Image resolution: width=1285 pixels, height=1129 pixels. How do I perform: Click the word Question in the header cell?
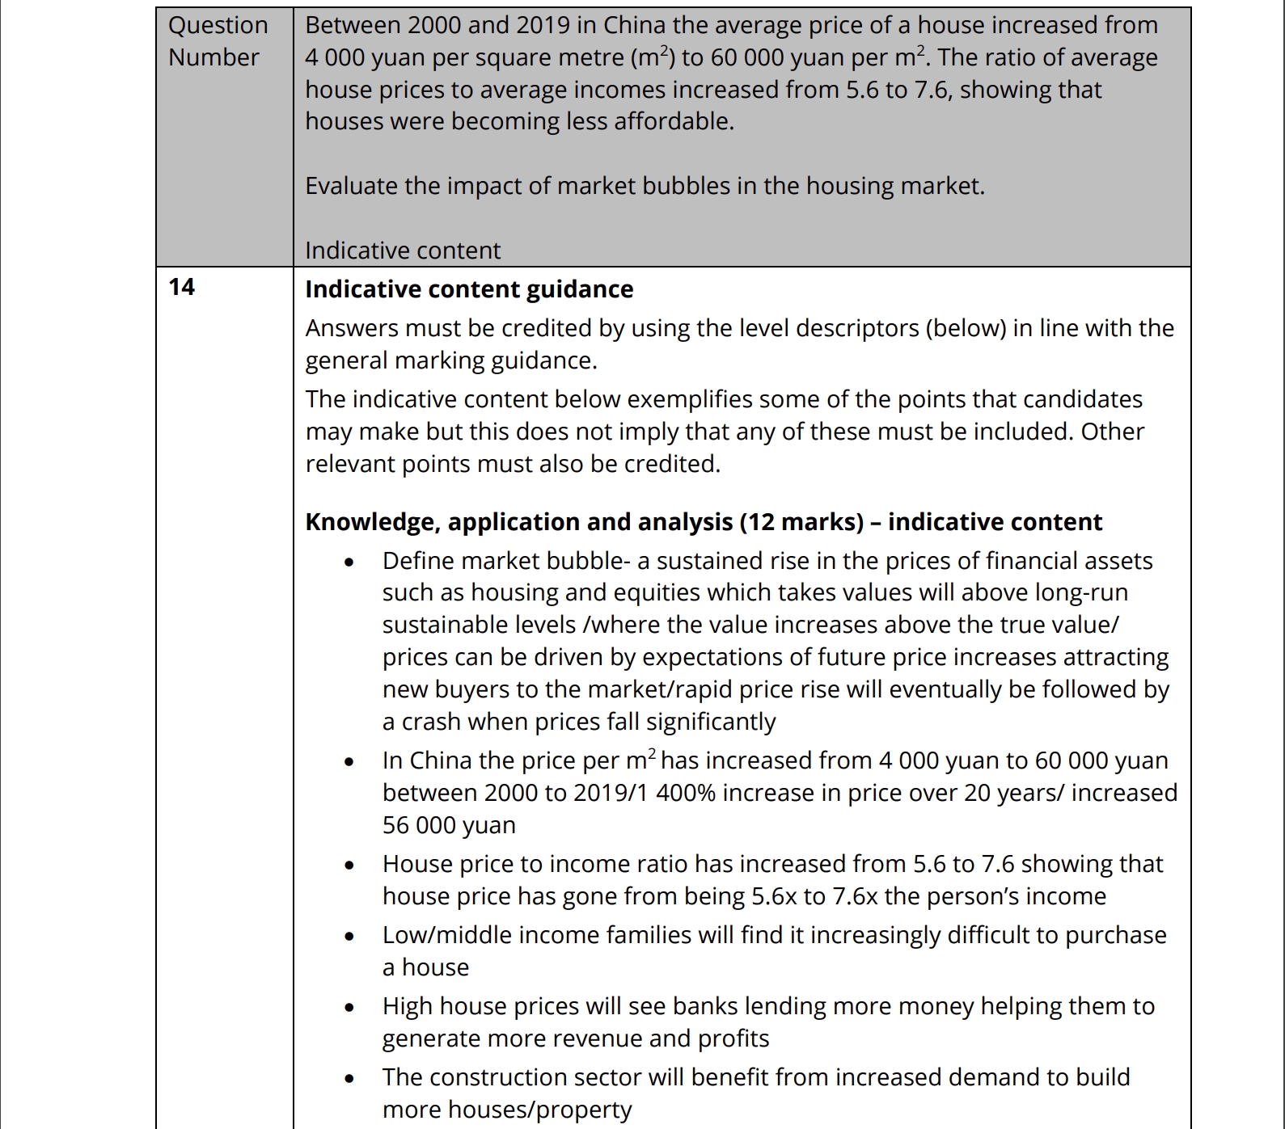tap(218, 26)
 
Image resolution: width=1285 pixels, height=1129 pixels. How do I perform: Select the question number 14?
tap(182, 287)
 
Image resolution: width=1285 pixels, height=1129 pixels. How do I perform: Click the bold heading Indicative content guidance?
tap(469, 289)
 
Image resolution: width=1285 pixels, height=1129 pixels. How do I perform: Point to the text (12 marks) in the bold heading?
tap(801, 522)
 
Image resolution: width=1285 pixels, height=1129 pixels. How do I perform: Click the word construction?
tap(514, 1077)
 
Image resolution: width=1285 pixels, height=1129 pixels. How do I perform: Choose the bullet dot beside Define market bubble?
tap(349, 562)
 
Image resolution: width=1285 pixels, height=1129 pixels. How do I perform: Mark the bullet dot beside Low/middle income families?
tap(349, 936)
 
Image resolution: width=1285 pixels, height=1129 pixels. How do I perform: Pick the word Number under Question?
tap(213, 57)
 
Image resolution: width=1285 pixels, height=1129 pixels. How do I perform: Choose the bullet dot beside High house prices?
tap(349, 1007)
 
